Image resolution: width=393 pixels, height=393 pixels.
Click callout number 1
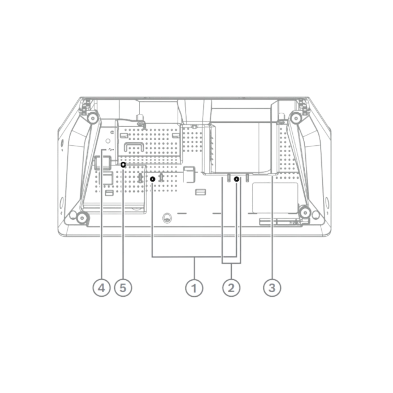coord(194,288)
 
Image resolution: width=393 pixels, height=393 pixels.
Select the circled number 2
coord(231,288)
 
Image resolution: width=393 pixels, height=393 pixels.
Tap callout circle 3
coord(272,288)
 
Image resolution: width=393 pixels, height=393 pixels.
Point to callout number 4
coord(101,288)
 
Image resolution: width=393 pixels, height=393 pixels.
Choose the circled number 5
coord(123,288)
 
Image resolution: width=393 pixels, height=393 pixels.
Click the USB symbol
coord(111,150)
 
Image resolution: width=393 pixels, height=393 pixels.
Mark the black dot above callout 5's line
coord(123,165)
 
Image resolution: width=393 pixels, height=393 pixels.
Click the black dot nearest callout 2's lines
coord(236,179)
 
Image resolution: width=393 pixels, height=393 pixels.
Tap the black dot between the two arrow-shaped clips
coord(153,179)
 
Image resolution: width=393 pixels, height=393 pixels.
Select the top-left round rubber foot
coord(93,118)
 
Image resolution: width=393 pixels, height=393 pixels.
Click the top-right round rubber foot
coord(296,118)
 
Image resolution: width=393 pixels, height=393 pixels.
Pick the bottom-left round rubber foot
coord(81,218)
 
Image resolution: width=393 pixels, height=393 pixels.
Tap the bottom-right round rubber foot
coord(305,213)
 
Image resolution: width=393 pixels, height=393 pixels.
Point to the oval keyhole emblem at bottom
coord(167,218)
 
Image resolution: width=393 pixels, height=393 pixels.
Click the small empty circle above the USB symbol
coord(108,141)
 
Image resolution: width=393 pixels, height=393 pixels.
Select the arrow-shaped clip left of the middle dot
coord(140,178)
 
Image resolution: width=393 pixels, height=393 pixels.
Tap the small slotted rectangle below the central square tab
coord(200,193)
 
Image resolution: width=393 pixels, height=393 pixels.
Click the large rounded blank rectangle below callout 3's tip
coord(275,198)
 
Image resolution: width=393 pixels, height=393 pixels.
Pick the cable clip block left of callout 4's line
coord(103,162)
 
